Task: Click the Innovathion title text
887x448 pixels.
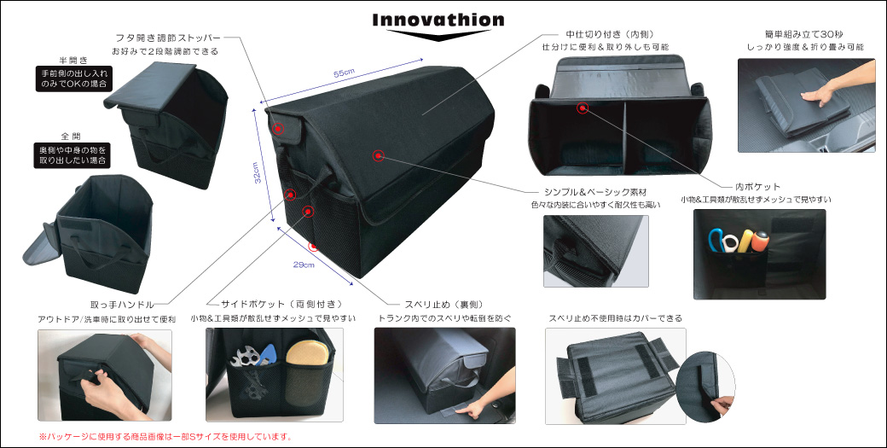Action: [438, 19]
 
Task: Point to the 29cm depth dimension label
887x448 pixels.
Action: [304, 265]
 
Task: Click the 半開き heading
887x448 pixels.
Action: [72, 61]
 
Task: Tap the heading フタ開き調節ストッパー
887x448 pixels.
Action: [168, 38]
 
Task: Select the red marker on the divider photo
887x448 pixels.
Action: [582, 108]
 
